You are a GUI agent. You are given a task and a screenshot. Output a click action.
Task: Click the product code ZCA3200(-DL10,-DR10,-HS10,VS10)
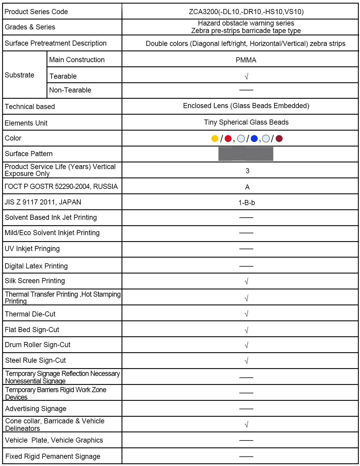[x=246, y=12]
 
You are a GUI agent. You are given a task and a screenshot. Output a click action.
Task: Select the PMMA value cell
[x=246, y=60]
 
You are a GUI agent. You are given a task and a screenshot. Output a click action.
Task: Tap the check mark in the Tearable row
[x=246, y=77]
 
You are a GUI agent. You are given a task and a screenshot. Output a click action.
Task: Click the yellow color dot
[x=215, y=138]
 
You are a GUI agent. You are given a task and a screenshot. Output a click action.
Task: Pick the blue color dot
[x=254, y=138]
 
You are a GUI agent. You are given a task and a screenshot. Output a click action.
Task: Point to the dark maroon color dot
[x=279, y=138]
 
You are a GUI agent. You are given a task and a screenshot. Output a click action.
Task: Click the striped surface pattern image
[x=246, y=154]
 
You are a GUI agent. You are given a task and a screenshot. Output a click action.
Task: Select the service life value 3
[x=247, y=171]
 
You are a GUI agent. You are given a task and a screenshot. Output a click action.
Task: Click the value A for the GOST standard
[x=247, y=187]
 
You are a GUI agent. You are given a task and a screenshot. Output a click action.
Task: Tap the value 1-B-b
[x=247, y=203]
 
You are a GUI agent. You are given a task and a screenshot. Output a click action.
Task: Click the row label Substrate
[x=19, y=75]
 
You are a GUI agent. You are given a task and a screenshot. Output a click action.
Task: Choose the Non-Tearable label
[x=70, y=90]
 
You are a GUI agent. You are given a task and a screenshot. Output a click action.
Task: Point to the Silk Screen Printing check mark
[x=246, y=281]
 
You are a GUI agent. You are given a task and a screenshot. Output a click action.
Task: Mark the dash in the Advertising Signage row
[x=246, y=409]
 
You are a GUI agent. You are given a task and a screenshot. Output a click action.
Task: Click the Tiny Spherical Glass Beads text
[x=246, y=122]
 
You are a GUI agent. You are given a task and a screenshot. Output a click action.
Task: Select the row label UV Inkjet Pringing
[x=32, y=249]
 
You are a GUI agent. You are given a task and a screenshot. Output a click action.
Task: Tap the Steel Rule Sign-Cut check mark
[x=246, y=361]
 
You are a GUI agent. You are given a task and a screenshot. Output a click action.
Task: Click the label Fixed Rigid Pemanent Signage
[x=53, y=456]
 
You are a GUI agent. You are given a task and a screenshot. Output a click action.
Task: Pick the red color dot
[x=228, y=138]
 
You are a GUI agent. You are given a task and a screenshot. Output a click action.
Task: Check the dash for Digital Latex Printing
[x=246, y=266]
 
